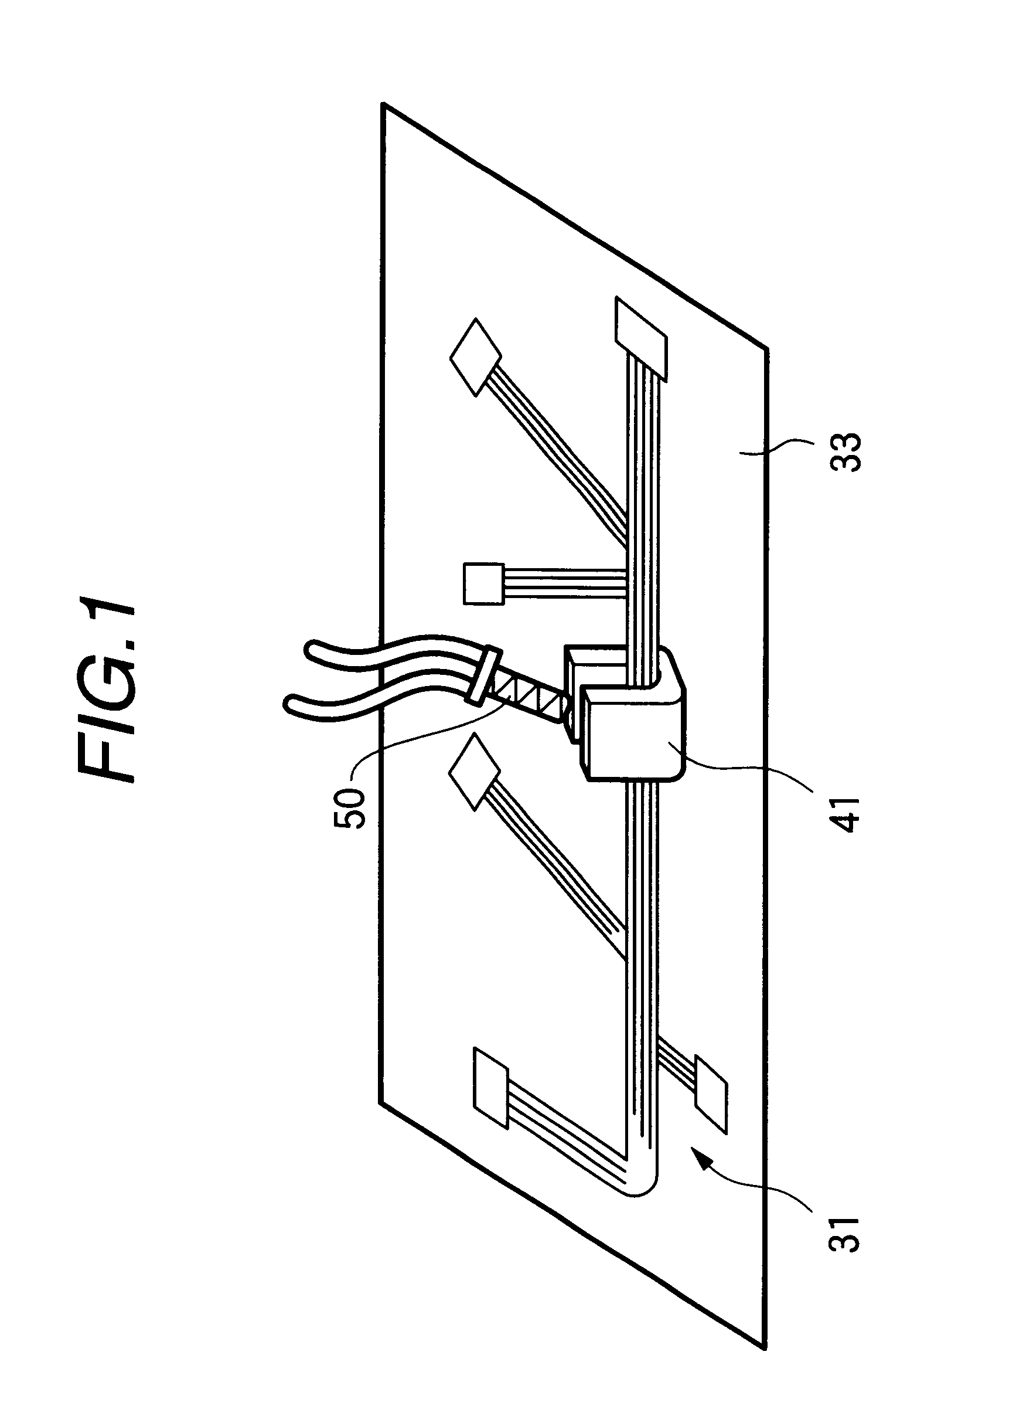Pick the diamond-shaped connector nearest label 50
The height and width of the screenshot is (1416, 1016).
tap(474, 772)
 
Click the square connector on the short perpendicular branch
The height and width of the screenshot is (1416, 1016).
tap(483, 584)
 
